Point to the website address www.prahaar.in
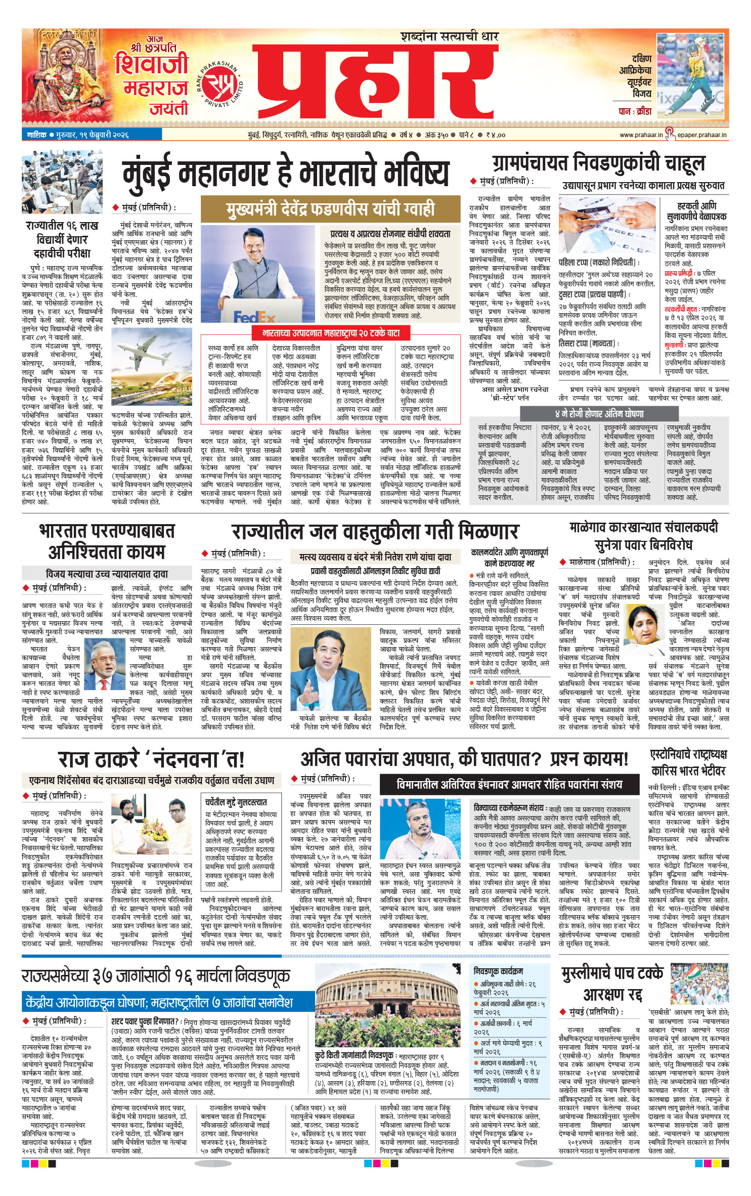(641, 135)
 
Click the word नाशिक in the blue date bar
(37, 135)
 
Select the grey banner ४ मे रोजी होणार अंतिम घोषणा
(599, 413)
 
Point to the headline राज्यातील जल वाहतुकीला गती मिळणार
(375, 532)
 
